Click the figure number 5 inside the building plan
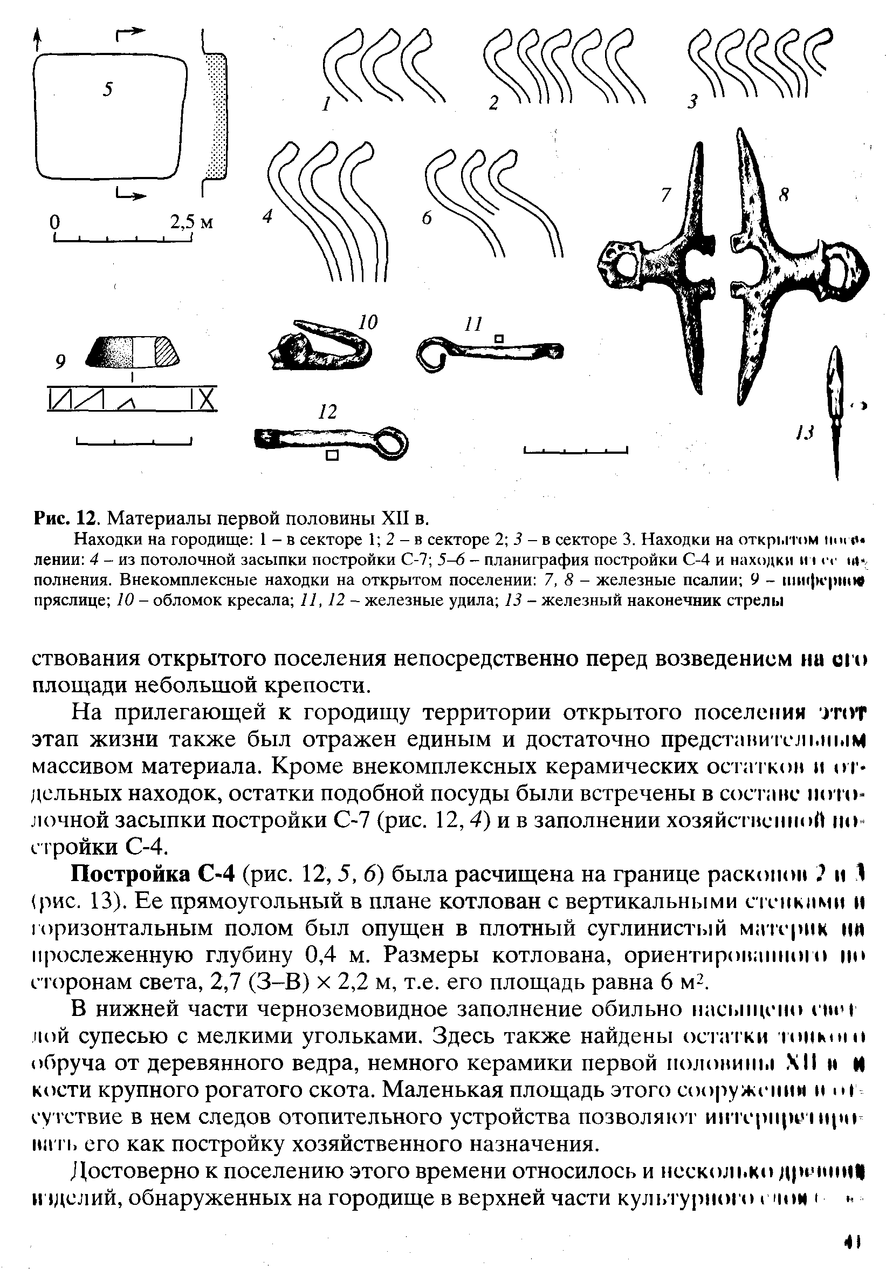pos(108,88)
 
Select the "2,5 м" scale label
pos(190,222)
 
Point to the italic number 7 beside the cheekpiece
pos(667,195)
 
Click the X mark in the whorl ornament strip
pos(207,398)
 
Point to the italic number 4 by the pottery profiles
pos(268,217)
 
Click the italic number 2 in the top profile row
pos(493,104)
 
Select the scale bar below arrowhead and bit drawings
pos(575,451)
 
